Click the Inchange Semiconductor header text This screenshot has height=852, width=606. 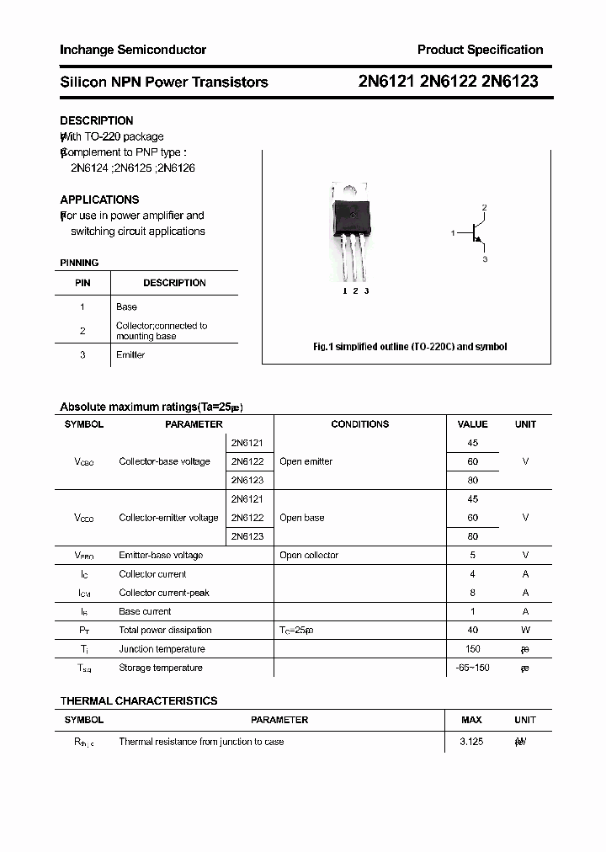coord(133,50)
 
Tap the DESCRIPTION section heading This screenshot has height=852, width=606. coord(96,120)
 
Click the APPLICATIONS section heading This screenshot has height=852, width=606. coord(99,200)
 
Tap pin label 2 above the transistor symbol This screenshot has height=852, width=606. coord(484,207)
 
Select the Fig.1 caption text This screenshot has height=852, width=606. coord(410,347)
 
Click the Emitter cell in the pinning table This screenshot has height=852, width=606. coord(130,354)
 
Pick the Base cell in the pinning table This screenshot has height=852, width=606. coord(126,306)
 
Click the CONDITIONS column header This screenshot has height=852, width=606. coord(359,424)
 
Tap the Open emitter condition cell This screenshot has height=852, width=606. coord(306,461)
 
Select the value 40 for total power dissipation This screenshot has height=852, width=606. coord(472,630)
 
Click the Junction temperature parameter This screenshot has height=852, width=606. coord(162,649)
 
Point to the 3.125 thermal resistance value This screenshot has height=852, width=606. coord(471,742)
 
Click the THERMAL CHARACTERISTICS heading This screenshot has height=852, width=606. coord(138,700)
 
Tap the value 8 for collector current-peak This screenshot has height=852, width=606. coord(472,593)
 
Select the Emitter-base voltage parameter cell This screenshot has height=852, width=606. coord(161,555)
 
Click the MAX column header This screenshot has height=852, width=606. coord(471,720)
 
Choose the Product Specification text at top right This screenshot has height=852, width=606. coord(480,50)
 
